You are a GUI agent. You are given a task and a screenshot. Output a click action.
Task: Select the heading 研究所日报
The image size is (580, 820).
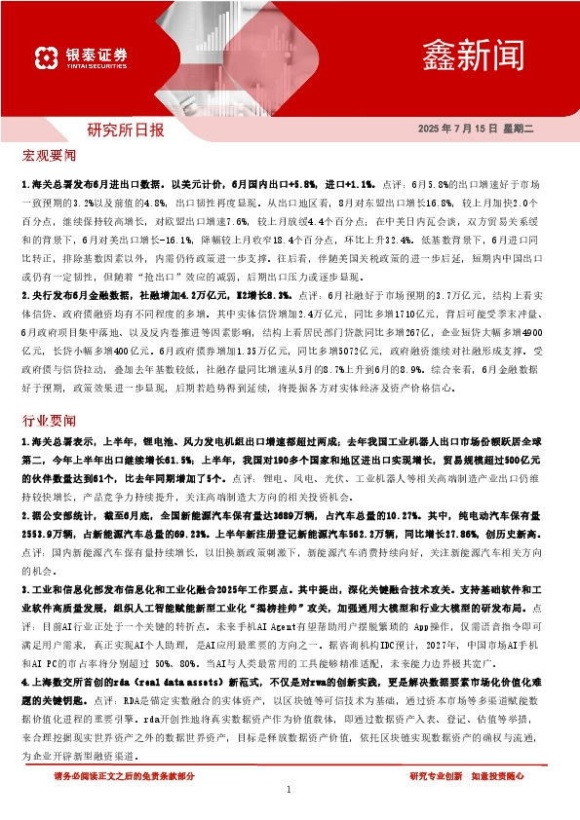click(x=126, y=130)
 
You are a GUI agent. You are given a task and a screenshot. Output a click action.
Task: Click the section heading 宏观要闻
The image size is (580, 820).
click(x=48, y=155)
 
